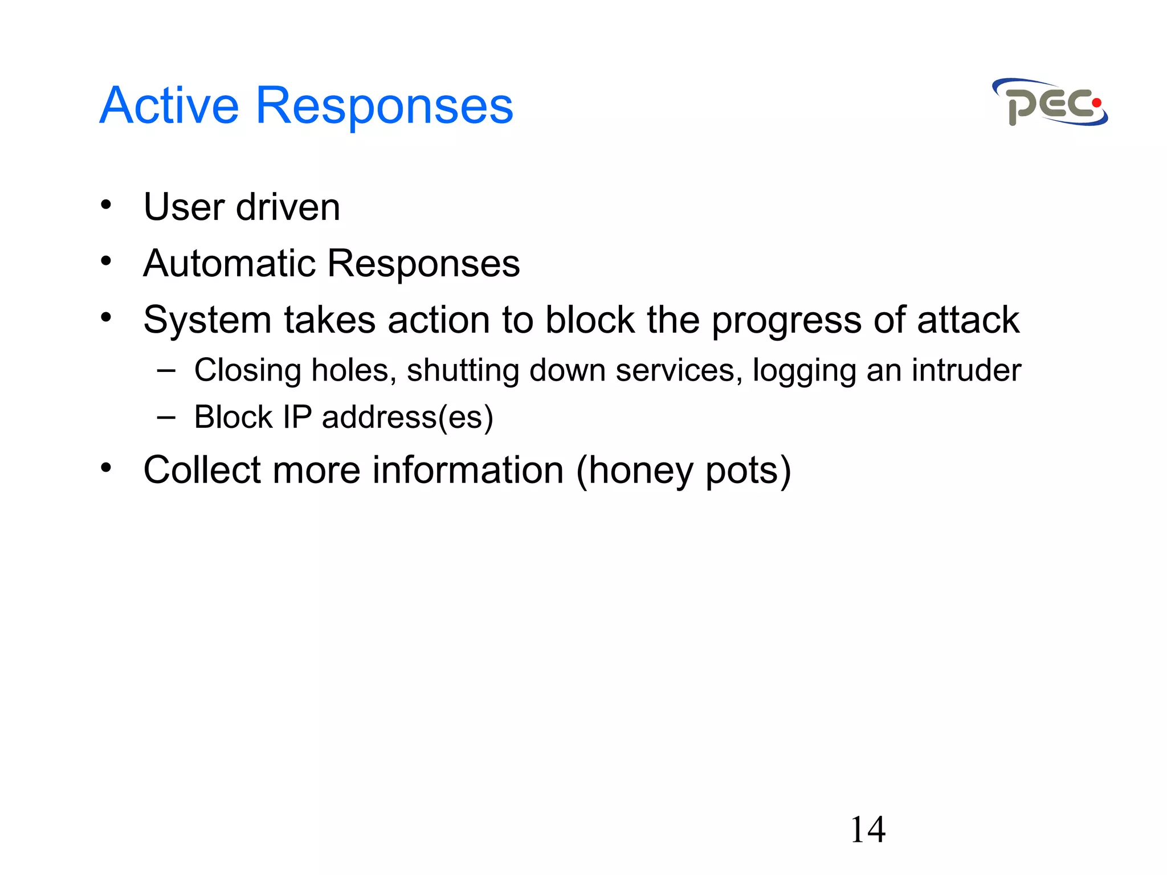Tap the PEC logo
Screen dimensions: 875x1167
tap(1050, 103)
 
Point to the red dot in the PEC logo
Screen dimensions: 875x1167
tap(1096, 103)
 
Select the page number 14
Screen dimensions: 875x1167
tap(867, 830)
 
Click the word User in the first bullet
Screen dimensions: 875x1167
tap(183, 207)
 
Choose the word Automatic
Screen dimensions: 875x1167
tap(229, 264)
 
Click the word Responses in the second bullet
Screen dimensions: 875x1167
tap(423, 264)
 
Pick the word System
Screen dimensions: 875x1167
tap(207, 321)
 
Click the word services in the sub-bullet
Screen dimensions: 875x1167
tap(679, 370)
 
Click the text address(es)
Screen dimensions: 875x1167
tap(407, 418)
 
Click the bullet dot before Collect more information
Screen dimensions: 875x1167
tap(106, 468)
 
